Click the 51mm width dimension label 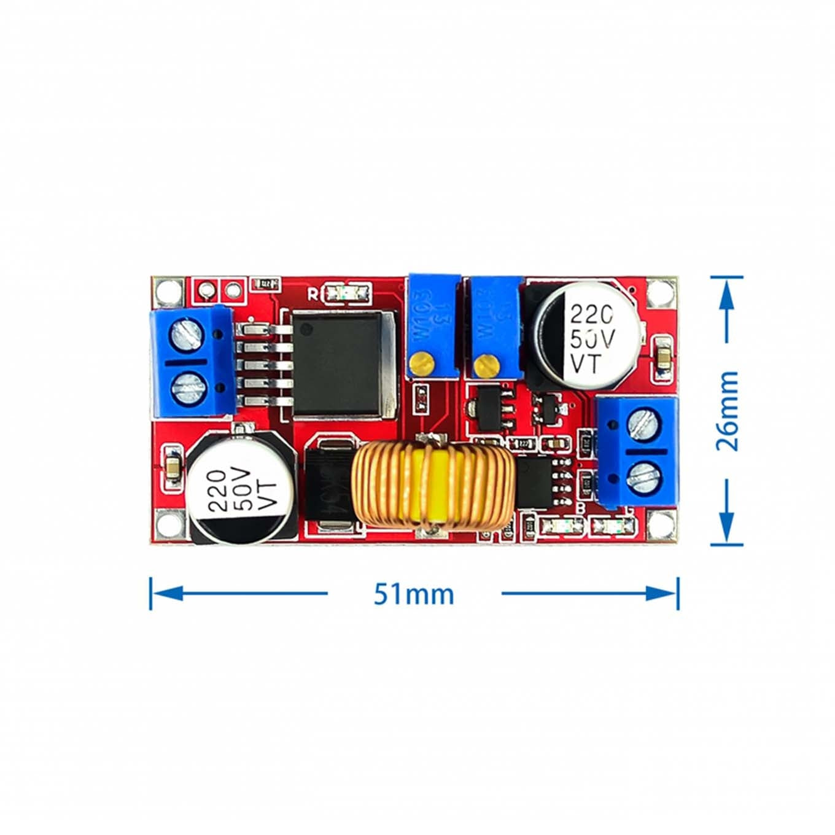(414, 594)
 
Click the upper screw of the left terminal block (187, 336)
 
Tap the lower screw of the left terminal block (187, 387)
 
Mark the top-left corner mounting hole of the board (167, 291)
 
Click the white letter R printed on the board (313, 294)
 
